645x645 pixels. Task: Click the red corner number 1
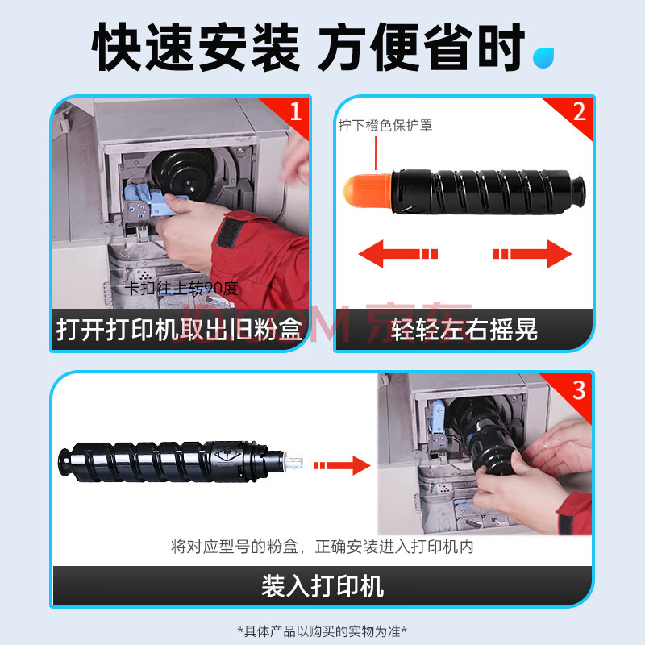point(296,111)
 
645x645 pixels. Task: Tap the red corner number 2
point(579,111)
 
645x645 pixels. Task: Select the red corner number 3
point(579,389)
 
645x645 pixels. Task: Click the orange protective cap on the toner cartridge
point(368,190)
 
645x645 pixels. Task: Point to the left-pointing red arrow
point(398,254)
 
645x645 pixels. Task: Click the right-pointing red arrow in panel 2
point(532,254)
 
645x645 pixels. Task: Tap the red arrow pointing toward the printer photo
point(342,465)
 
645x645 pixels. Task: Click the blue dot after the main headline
point(543,57)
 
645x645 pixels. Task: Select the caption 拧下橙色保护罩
point(385,126)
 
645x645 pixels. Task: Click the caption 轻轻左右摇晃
point(464,330)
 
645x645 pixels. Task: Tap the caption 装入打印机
point(322,586)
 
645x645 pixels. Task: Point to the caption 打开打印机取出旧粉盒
point(179,330)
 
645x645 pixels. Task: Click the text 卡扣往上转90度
point(181,289)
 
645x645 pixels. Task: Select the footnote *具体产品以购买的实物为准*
point(322,630)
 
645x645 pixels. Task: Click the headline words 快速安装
point(196,48)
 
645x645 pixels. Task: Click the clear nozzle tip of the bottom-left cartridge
point(293,460)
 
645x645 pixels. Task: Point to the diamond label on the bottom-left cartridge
point(227,456)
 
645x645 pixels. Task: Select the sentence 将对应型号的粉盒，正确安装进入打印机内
point(322,547)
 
